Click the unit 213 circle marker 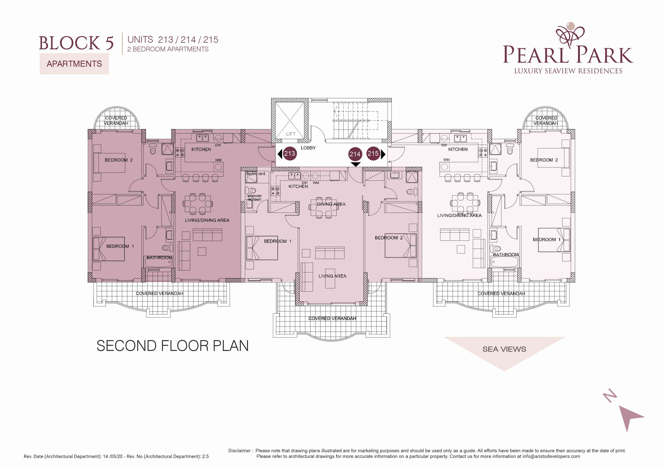290,153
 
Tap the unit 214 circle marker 355,154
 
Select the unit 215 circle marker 373,153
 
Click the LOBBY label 308,148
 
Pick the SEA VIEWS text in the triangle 504,349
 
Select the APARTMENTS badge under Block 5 74,64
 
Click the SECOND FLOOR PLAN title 172,346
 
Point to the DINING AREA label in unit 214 331,204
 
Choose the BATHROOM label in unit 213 159,258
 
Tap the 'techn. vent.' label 256,174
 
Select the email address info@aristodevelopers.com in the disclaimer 551,456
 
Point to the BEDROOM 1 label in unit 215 547,240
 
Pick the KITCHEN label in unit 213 201,149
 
